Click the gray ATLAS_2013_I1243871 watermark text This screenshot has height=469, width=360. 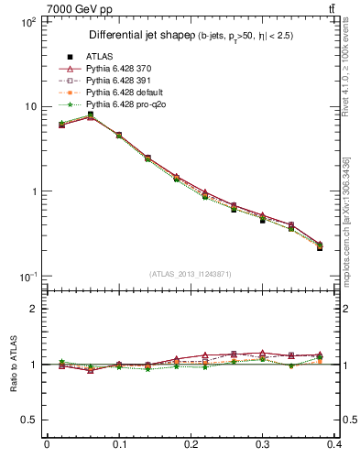click(190, 274)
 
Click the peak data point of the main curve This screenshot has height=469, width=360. click(90, 115)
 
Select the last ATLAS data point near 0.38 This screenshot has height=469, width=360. click(320, 247)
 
